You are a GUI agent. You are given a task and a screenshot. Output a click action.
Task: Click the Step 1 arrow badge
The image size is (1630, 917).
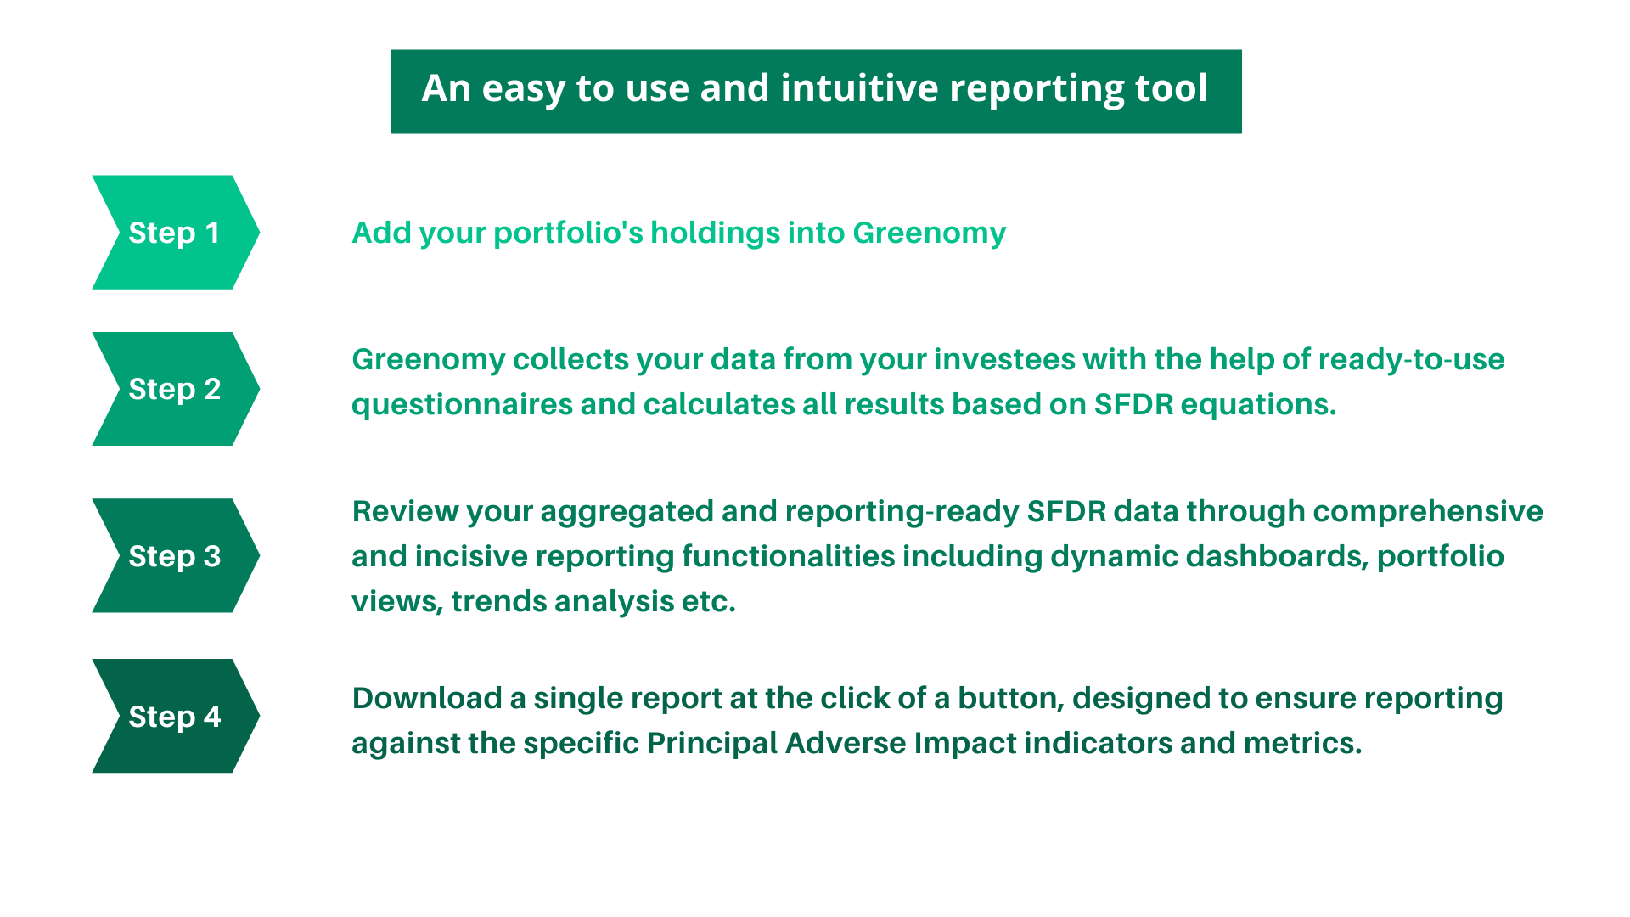pos(174,233)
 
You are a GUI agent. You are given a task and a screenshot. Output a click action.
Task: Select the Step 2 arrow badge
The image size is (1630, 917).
pos(174,389)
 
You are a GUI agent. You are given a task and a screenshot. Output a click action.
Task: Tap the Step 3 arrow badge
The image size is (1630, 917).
pos(174,556)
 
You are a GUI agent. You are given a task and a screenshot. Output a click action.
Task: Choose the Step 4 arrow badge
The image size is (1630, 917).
pos(174,717)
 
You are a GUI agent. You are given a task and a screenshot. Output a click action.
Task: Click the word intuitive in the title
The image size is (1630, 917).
pos(858,88)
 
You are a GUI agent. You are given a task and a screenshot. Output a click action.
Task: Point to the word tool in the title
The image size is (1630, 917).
pos(1172,88)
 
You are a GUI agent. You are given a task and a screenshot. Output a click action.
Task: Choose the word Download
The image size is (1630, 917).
pos(427,699)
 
